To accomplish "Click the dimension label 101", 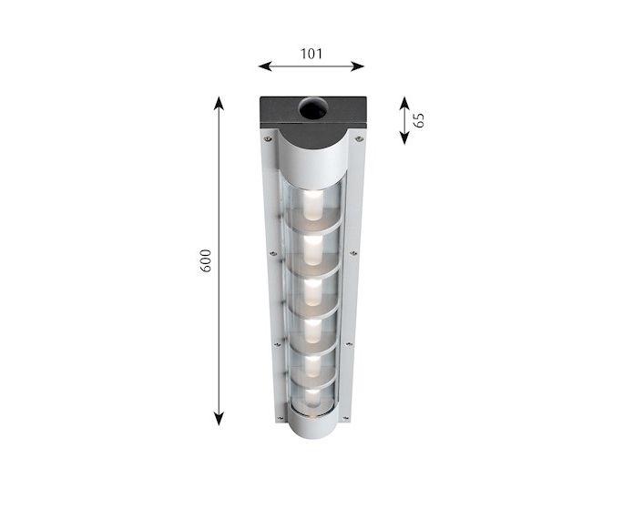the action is pyautogui.click(x=311, y=54).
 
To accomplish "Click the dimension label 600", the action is pyautogui.click(x=205, y=260).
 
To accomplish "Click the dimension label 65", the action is pyautogui.click(x=418, y=120).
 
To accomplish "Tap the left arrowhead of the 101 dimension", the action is pyautogui.click(x=265, y=66).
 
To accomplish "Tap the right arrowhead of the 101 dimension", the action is pyautogui.click(x=358, y=66).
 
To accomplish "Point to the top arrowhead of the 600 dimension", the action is pyautogui.click(x=219, y=103).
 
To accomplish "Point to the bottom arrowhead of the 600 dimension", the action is pyautogui.click(x=219, y=419).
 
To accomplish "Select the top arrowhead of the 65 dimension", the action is pyautogui.click(x=404, y=103).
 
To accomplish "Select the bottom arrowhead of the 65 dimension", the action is pyautogui.click(x=404, y=137).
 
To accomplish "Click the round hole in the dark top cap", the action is pyautogui.click(x=313, y=108).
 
